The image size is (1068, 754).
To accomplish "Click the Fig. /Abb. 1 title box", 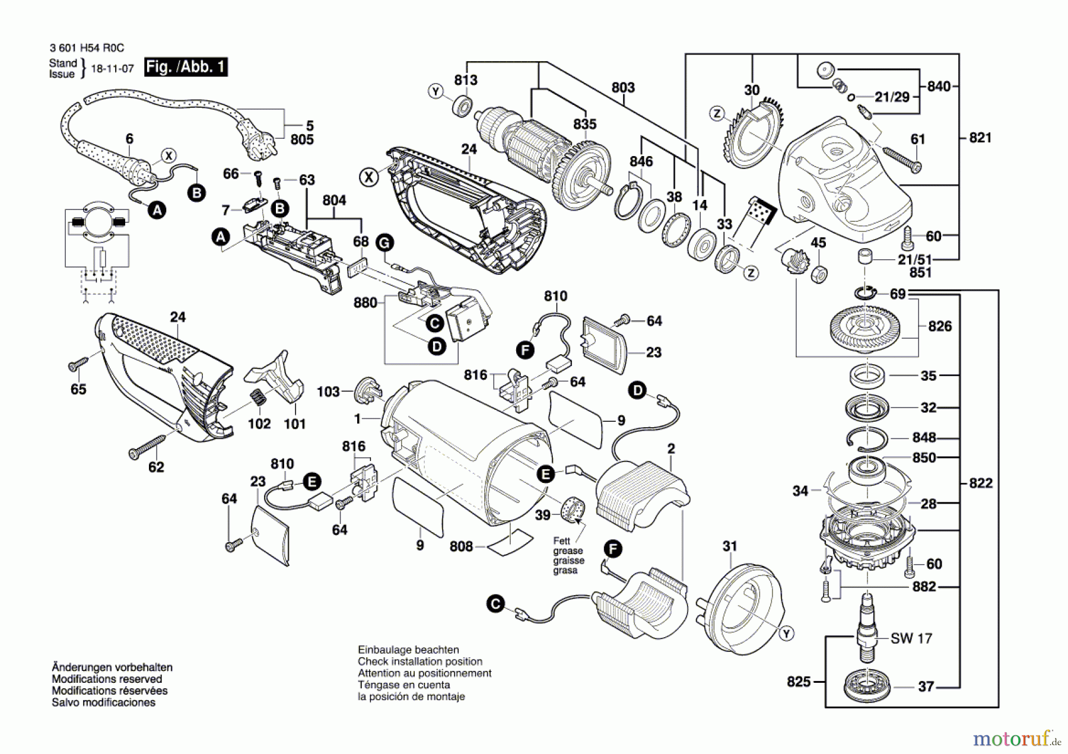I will pyautogui.click(x=186, y=67).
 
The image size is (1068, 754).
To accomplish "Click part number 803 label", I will pyautogui.click(x=623, y=88).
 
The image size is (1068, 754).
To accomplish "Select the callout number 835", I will pyautogui.click(x=584, y=124).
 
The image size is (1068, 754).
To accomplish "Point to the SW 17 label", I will pyautogui.click(x=911, y=639).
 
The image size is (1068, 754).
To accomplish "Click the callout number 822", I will pyautogui.click(x=980, y=483).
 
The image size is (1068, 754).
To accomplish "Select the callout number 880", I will pyautogui.click(x=365, y=303).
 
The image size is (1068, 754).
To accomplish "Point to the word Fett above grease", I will pyautogui.click(x=561, y=541).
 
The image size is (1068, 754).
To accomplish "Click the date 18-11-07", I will pyautogui.click(x=112, y=69).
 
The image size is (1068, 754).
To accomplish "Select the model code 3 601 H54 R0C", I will pyautogui.click(x=87, y=48).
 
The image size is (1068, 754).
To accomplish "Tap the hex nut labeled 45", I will pyautogui.click(x=819, y=273).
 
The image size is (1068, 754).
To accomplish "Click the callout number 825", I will pyautogui.click(x=799, y=682).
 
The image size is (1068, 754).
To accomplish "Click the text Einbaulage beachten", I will pyautogui.click(x=408, y=650).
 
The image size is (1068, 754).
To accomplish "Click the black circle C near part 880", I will pyautogui.click(x=435, y=323).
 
